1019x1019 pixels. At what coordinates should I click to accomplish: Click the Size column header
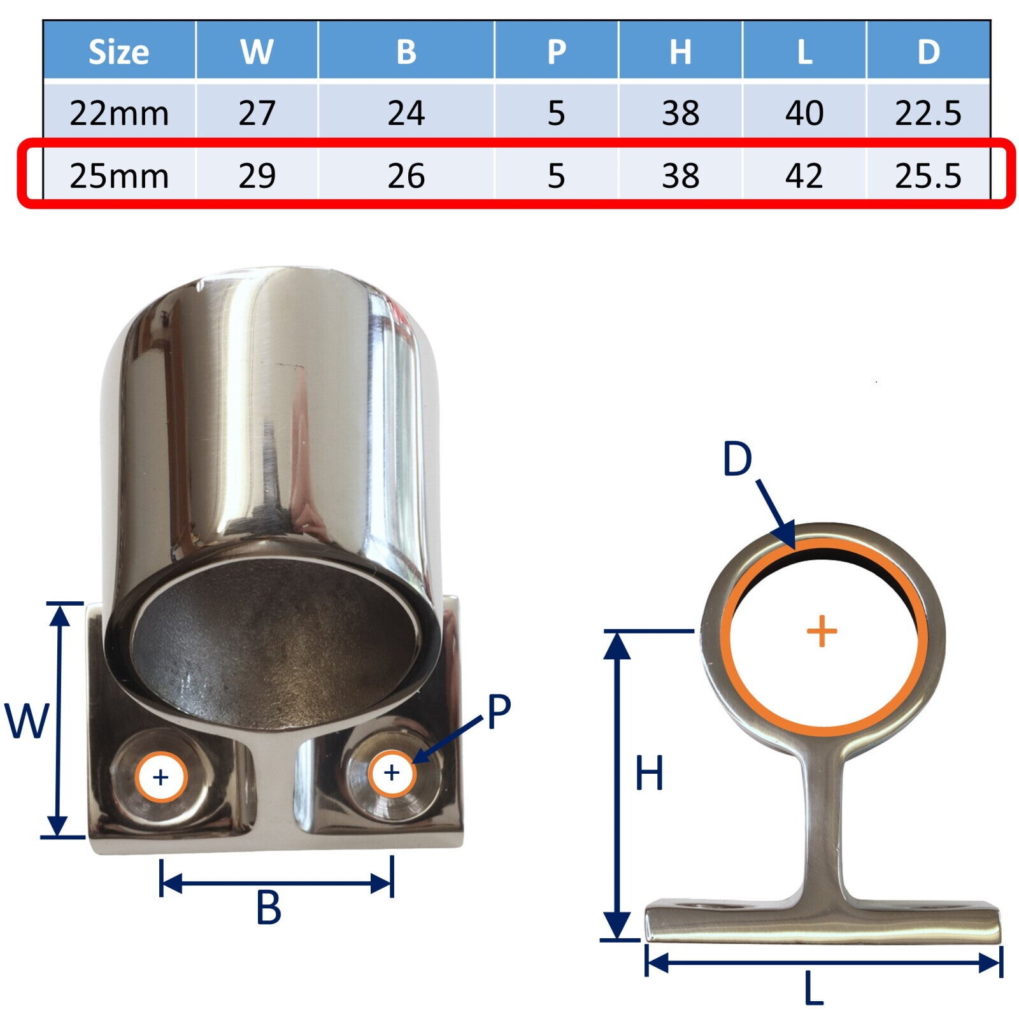click(x=118, y=52)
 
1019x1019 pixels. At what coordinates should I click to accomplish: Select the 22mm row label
click(x=119, y=113)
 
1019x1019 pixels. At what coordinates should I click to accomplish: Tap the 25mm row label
click(x=119, y=176)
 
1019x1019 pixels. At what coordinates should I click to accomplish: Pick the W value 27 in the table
click(x=257, y=113)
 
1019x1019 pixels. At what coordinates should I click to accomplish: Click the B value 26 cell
click(x=406, y=176)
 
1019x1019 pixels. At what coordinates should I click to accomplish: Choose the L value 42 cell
click(x=804, y=176)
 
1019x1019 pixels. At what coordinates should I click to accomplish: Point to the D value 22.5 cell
click(x=928, y=113)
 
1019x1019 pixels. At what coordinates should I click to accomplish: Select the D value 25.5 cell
click(x=928, y=176)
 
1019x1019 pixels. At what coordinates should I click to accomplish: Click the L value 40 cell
click(x=804, y=113)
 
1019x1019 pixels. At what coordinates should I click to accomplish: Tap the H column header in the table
click(x=680, y=52)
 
